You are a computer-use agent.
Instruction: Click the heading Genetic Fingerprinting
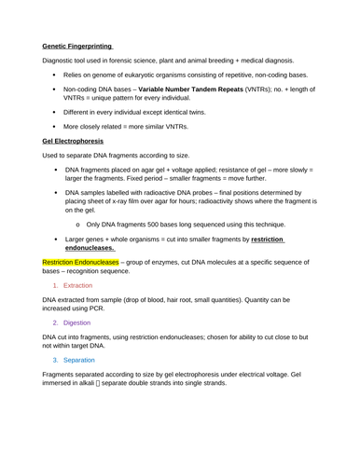77,45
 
